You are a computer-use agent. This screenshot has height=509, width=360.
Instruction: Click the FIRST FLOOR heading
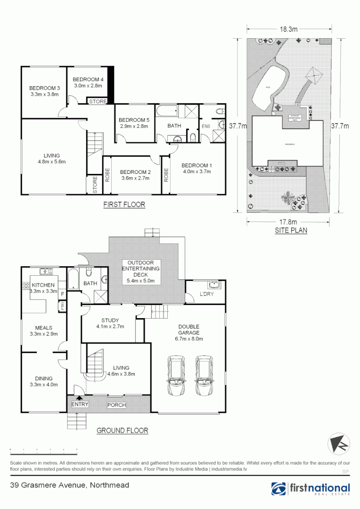tap(124, 205)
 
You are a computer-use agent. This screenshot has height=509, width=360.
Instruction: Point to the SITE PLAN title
tap(291, 231)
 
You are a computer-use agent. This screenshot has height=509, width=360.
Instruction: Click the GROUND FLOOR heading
tap(122, 430)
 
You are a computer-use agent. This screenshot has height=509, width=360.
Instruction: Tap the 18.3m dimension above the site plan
tap(289, 29)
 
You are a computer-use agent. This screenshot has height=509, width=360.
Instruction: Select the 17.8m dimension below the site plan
tap(288, 222)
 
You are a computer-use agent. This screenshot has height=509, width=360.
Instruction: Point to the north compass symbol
tap(339, 444)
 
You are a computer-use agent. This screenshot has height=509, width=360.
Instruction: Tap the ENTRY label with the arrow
tap(80, 404)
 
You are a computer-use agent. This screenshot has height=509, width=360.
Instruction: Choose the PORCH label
tap(116, 405)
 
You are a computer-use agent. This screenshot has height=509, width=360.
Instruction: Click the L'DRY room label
tap(207, 294)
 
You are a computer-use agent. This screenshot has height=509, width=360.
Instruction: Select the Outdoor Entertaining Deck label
tap(141, 271)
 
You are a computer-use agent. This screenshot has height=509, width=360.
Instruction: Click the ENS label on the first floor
tap(206, 126)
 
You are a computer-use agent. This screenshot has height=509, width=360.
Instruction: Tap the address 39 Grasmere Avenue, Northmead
tap(69, 485)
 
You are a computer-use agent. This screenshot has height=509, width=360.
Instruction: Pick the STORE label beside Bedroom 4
tap(98, 101)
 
